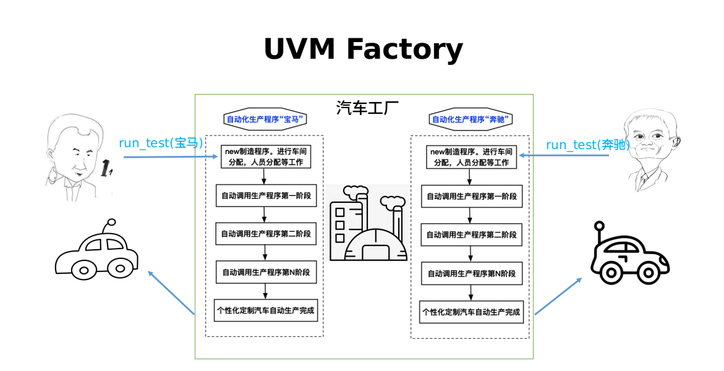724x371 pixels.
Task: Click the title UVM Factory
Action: [363, 49]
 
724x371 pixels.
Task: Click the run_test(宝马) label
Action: [161, 143]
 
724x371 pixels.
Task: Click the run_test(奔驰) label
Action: [587, 145]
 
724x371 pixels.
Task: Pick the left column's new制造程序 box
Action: [265, 156]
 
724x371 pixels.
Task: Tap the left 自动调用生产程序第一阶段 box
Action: [265, 195]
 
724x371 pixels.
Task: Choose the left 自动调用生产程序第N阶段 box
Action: [265, 272]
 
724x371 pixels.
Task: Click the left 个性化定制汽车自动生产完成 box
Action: [265, 310]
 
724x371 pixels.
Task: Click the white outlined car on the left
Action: [96, 254]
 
